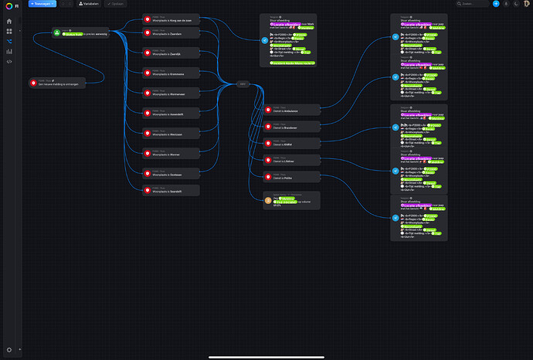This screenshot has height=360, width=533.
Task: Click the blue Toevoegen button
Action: [x=42, y=4]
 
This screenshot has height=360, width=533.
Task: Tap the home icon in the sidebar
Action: [x=9, y=21]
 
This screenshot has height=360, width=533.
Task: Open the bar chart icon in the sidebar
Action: [x=9, y=51]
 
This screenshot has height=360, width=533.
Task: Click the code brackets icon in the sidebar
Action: [x=9, y=61]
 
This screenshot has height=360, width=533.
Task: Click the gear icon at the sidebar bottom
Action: [x=9, y=349]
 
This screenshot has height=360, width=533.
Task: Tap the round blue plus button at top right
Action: [x=496, y=4]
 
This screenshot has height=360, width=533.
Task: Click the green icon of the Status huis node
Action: [x=56, y=32]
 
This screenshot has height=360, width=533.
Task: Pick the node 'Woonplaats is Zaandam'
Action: [x=171, y=33]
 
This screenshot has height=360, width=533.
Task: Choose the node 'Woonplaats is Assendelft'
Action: [x=171, y=113]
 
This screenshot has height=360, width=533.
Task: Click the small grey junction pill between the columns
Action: [x=243, y=84]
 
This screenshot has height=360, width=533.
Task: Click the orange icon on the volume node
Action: [x=268, y=200]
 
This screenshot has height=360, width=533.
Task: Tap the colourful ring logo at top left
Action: [x=9, y=5]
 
